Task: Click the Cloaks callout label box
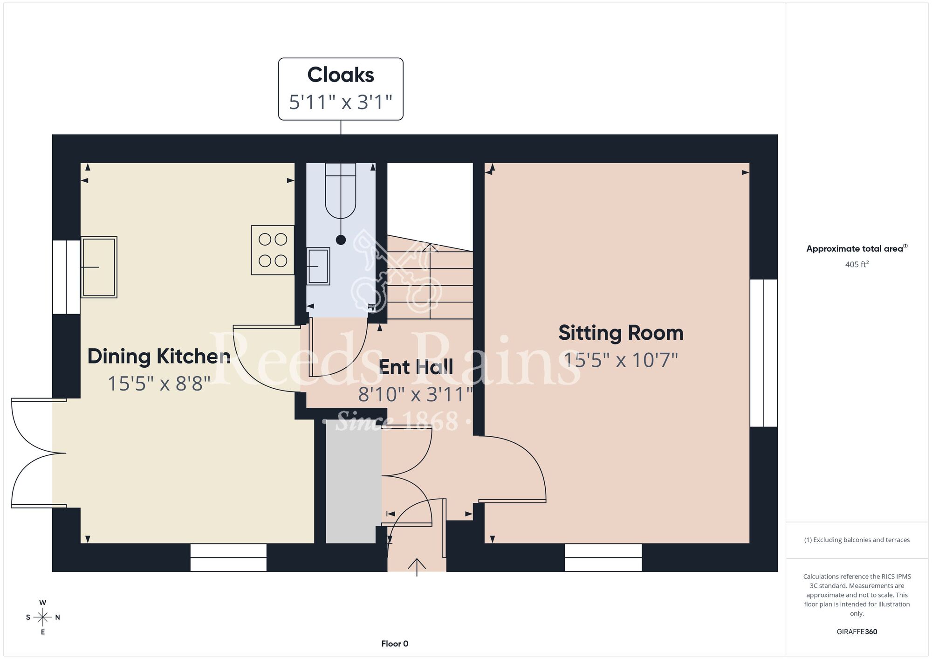(341, 89)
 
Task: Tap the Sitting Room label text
(621, 333)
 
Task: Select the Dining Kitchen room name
(159, 357)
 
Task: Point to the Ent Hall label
(416, 367)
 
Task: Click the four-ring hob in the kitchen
(273, 250)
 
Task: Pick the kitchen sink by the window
(99, 267)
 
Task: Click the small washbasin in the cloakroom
(318, 266)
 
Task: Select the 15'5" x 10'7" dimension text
(621, 360)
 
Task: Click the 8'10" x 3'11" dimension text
(416, 395)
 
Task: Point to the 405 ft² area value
(857, 264)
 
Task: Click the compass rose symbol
(42, 618)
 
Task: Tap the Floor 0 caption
(395, 644)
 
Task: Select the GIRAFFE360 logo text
(857, 632)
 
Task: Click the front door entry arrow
(417, 567)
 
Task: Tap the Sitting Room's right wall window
(764, 353)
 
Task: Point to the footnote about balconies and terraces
(857, 540)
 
